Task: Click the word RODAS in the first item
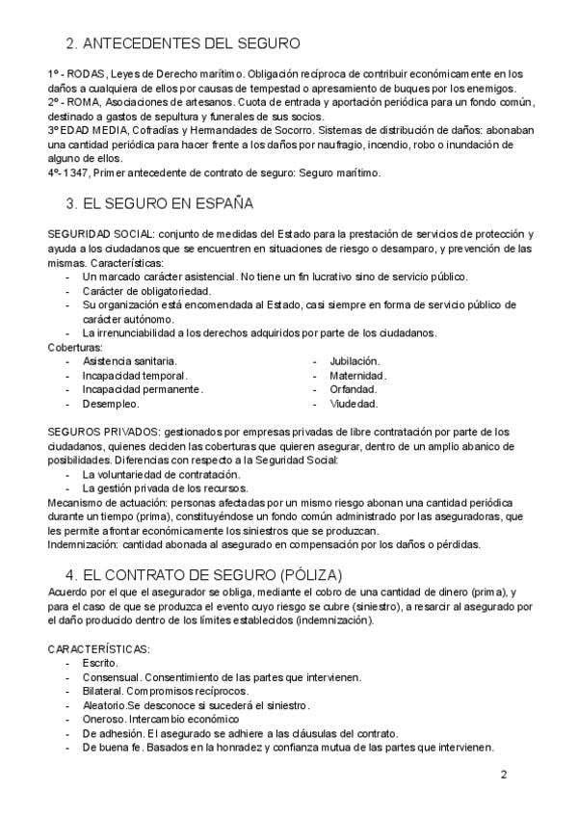click(x=80, y=73)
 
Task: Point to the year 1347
click(x=78, y=173)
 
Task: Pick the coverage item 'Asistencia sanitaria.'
click(x=129, y=360)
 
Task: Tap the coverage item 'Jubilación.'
click(x=354, y=360)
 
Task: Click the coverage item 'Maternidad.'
click(x=357, y=375)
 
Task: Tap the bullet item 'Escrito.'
click(x=100, y=663)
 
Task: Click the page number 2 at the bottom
click(x=504, y=775)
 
